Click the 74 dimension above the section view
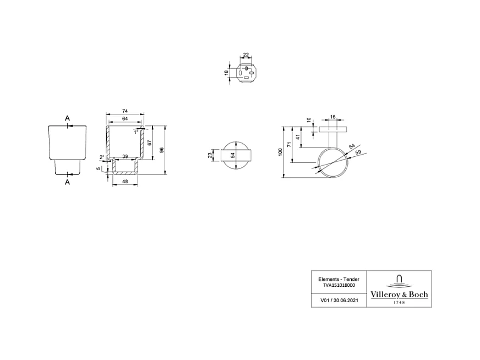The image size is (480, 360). point(124,111)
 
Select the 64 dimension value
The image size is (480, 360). point(124,118)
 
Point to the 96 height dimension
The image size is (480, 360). point(162,150)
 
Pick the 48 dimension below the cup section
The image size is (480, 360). point(125,181)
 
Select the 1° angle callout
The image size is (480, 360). point(135,132)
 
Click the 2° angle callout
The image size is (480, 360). point(102,157)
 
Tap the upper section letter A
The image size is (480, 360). point(67,118)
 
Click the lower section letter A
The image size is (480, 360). point(68,182)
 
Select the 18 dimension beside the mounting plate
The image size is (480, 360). point(226,73)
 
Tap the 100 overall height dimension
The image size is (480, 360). point(280,151)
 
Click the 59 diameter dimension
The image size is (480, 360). point(358,152)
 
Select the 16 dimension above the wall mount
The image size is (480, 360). point(332,117)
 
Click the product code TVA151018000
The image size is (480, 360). point(339,286)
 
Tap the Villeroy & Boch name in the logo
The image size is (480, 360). point(399,294)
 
